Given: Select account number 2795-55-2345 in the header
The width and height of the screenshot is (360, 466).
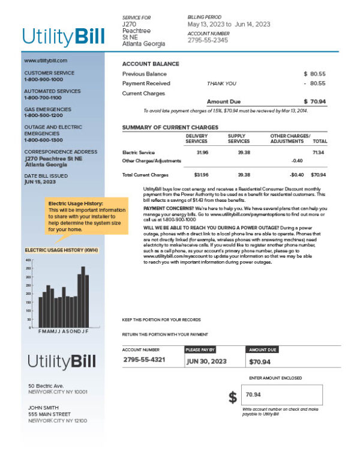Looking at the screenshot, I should (208, 41).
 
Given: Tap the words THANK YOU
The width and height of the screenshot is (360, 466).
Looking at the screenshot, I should (221, 83).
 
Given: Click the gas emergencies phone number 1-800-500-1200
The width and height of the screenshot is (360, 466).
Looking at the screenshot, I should (43, 115).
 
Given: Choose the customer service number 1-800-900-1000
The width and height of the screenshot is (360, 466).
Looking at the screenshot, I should (43, 79).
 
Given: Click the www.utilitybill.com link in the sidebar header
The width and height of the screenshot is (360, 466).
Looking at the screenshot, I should (46, 61).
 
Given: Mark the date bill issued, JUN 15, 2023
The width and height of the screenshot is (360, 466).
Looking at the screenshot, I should (40, 181).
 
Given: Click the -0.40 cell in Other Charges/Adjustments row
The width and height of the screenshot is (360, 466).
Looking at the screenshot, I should (296, 161).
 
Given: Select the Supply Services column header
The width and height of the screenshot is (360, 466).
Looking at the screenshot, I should (239, 139).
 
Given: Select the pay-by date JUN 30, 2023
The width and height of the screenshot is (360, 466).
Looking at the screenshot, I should (206, 362).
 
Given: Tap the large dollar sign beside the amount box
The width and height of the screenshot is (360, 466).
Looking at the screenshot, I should (233, 397).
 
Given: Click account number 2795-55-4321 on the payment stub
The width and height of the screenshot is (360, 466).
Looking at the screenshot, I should (144, 360).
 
